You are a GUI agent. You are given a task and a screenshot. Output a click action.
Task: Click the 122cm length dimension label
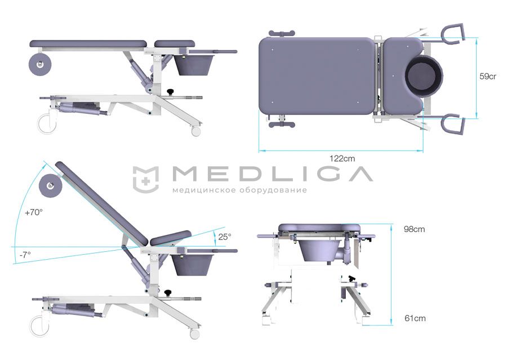point(342,158)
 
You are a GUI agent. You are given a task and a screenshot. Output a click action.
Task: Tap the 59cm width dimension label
point(488,77)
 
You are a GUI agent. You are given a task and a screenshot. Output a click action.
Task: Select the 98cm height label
point(414,229)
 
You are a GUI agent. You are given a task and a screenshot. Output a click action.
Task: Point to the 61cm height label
point(415,318)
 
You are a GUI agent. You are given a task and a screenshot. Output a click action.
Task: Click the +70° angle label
point(34,212)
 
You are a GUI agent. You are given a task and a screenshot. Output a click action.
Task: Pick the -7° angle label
point(25,255)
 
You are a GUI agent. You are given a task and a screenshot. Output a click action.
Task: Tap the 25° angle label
point(224,237)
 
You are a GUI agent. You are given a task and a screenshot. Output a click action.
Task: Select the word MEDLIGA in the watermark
point(272,174)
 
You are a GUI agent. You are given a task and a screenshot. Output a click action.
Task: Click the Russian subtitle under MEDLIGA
point(239,190)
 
